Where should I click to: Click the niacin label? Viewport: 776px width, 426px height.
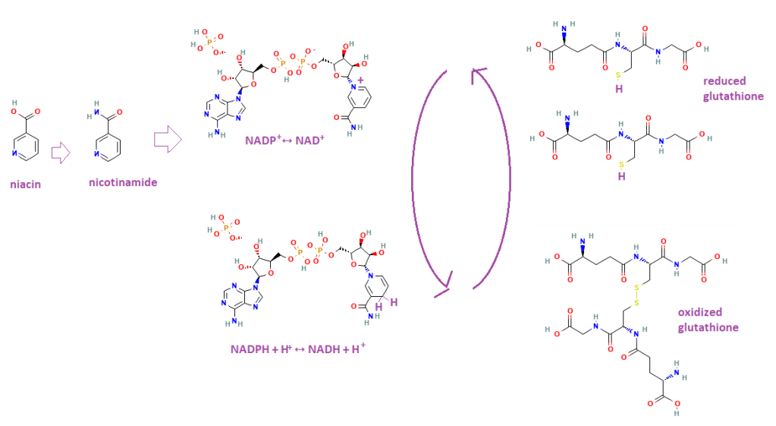(x=25, y=185)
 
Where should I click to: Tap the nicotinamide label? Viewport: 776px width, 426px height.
(x=123, y=182)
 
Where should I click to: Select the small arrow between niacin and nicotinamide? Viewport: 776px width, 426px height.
(x=61, y=153)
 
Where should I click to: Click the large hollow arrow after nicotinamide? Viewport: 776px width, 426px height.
(x=168, y=139)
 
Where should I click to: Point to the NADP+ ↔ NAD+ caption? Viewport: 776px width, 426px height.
(x=284, y=140)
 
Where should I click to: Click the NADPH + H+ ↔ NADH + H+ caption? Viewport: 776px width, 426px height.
(x=298, y=349)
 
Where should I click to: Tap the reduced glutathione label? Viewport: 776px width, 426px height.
(x=733, y=88)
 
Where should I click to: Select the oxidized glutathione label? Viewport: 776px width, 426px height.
(x=708, y=320)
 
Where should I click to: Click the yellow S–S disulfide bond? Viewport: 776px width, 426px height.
(x=636, y=295)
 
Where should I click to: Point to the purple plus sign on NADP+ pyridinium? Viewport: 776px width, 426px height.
(x=360, y=80)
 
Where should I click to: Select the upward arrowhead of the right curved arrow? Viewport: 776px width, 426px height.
(x=479, y=74)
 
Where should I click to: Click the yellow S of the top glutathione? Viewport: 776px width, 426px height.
(x=618, y=75)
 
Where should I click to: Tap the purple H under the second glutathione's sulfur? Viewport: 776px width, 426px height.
(x=621, y=176)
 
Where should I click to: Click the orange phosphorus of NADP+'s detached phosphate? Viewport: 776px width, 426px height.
(x=209, y=43)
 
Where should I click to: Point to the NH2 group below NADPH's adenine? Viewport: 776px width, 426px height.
(x=234, y=323)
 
